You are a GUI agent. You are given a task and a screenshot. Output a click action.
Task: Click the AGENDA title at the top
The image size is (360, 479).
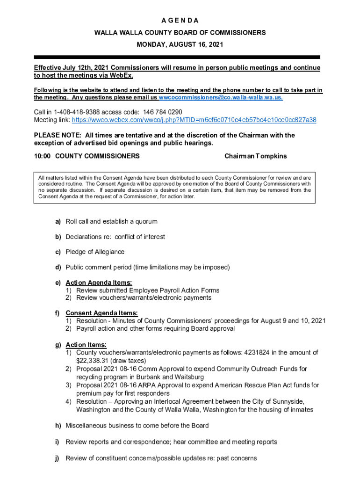tap(180, 21)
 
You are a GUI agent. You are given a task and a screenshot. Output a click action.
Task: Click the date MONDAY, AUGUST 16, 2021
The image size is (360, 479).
tap(180, 45)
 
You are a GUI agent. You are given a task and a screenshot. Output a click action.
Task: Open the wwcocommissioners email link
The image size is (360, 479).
tap(221, 98)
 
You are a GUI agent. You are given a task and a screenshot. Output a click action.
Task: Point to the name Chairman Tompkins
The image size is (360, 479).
tap(256, 156)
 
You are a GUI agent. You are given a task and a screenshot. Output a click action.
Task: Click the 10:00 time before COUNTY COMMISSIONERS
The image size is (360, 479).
tap(43, 156)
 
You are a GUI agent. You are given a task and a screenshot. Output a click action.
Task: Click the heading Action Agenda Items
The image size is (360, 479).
tap(99, 283)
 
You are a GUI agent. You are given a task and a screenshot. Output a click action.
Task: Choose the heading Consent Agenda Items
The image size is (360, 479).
tap(101, 313)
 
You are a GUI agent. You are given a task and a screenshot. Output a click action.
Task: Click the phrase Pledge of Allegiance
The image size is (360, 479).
tap(95, 252)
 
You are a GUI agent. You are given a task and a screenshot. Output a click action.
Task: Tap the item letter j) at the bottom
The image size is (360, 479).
tap(58, 458)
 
